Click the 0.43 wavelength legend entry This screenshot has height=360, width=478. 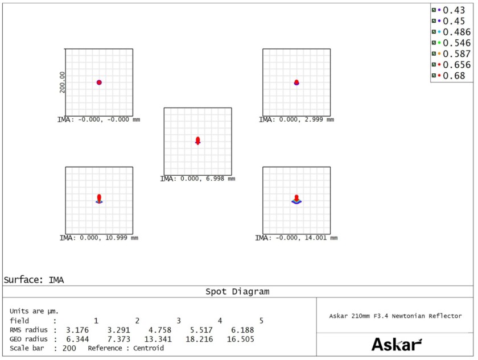point(448,10)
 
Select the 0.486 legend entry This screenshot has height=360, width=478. point(451,32)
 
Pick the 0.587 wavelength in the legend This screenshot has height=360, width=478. point(451,53)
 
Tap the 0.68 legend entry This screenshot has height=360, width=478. point(448,76)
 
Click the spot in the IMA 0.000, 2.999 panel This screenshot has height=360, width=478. point(296,82)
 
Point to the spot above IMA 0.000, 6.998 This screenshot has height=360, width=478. point(198,140)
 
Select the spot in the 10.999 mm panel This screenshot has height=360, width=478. point(99,198)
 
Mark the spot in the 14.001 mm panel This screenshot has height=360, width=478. point(296,199)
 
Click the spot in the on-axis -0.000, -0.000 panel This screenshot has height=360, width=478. point(99,82)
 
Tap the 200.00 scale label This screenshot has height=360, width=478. point(62,82)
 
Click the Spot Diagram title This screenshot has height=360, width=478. point(237,292)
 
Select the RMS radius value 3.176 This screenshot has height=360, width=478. point(77,330)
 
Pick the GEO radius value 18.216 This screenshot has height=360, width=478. point(199,339)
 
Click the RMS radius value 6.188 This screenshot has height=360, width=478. point(242,330)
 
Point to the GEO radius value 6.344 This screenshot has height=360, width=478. point(77,339)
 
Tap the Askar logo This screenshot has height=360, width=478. point(397,345)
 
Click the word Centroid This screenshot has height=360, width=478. point(149,348)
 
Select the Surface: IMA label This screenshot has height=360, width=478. point(34,280)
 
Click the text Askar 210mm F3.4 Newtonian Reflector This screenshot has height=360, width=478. point(395,316)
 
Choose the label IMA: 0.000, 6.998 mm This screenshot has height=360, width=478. point(198,179)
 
